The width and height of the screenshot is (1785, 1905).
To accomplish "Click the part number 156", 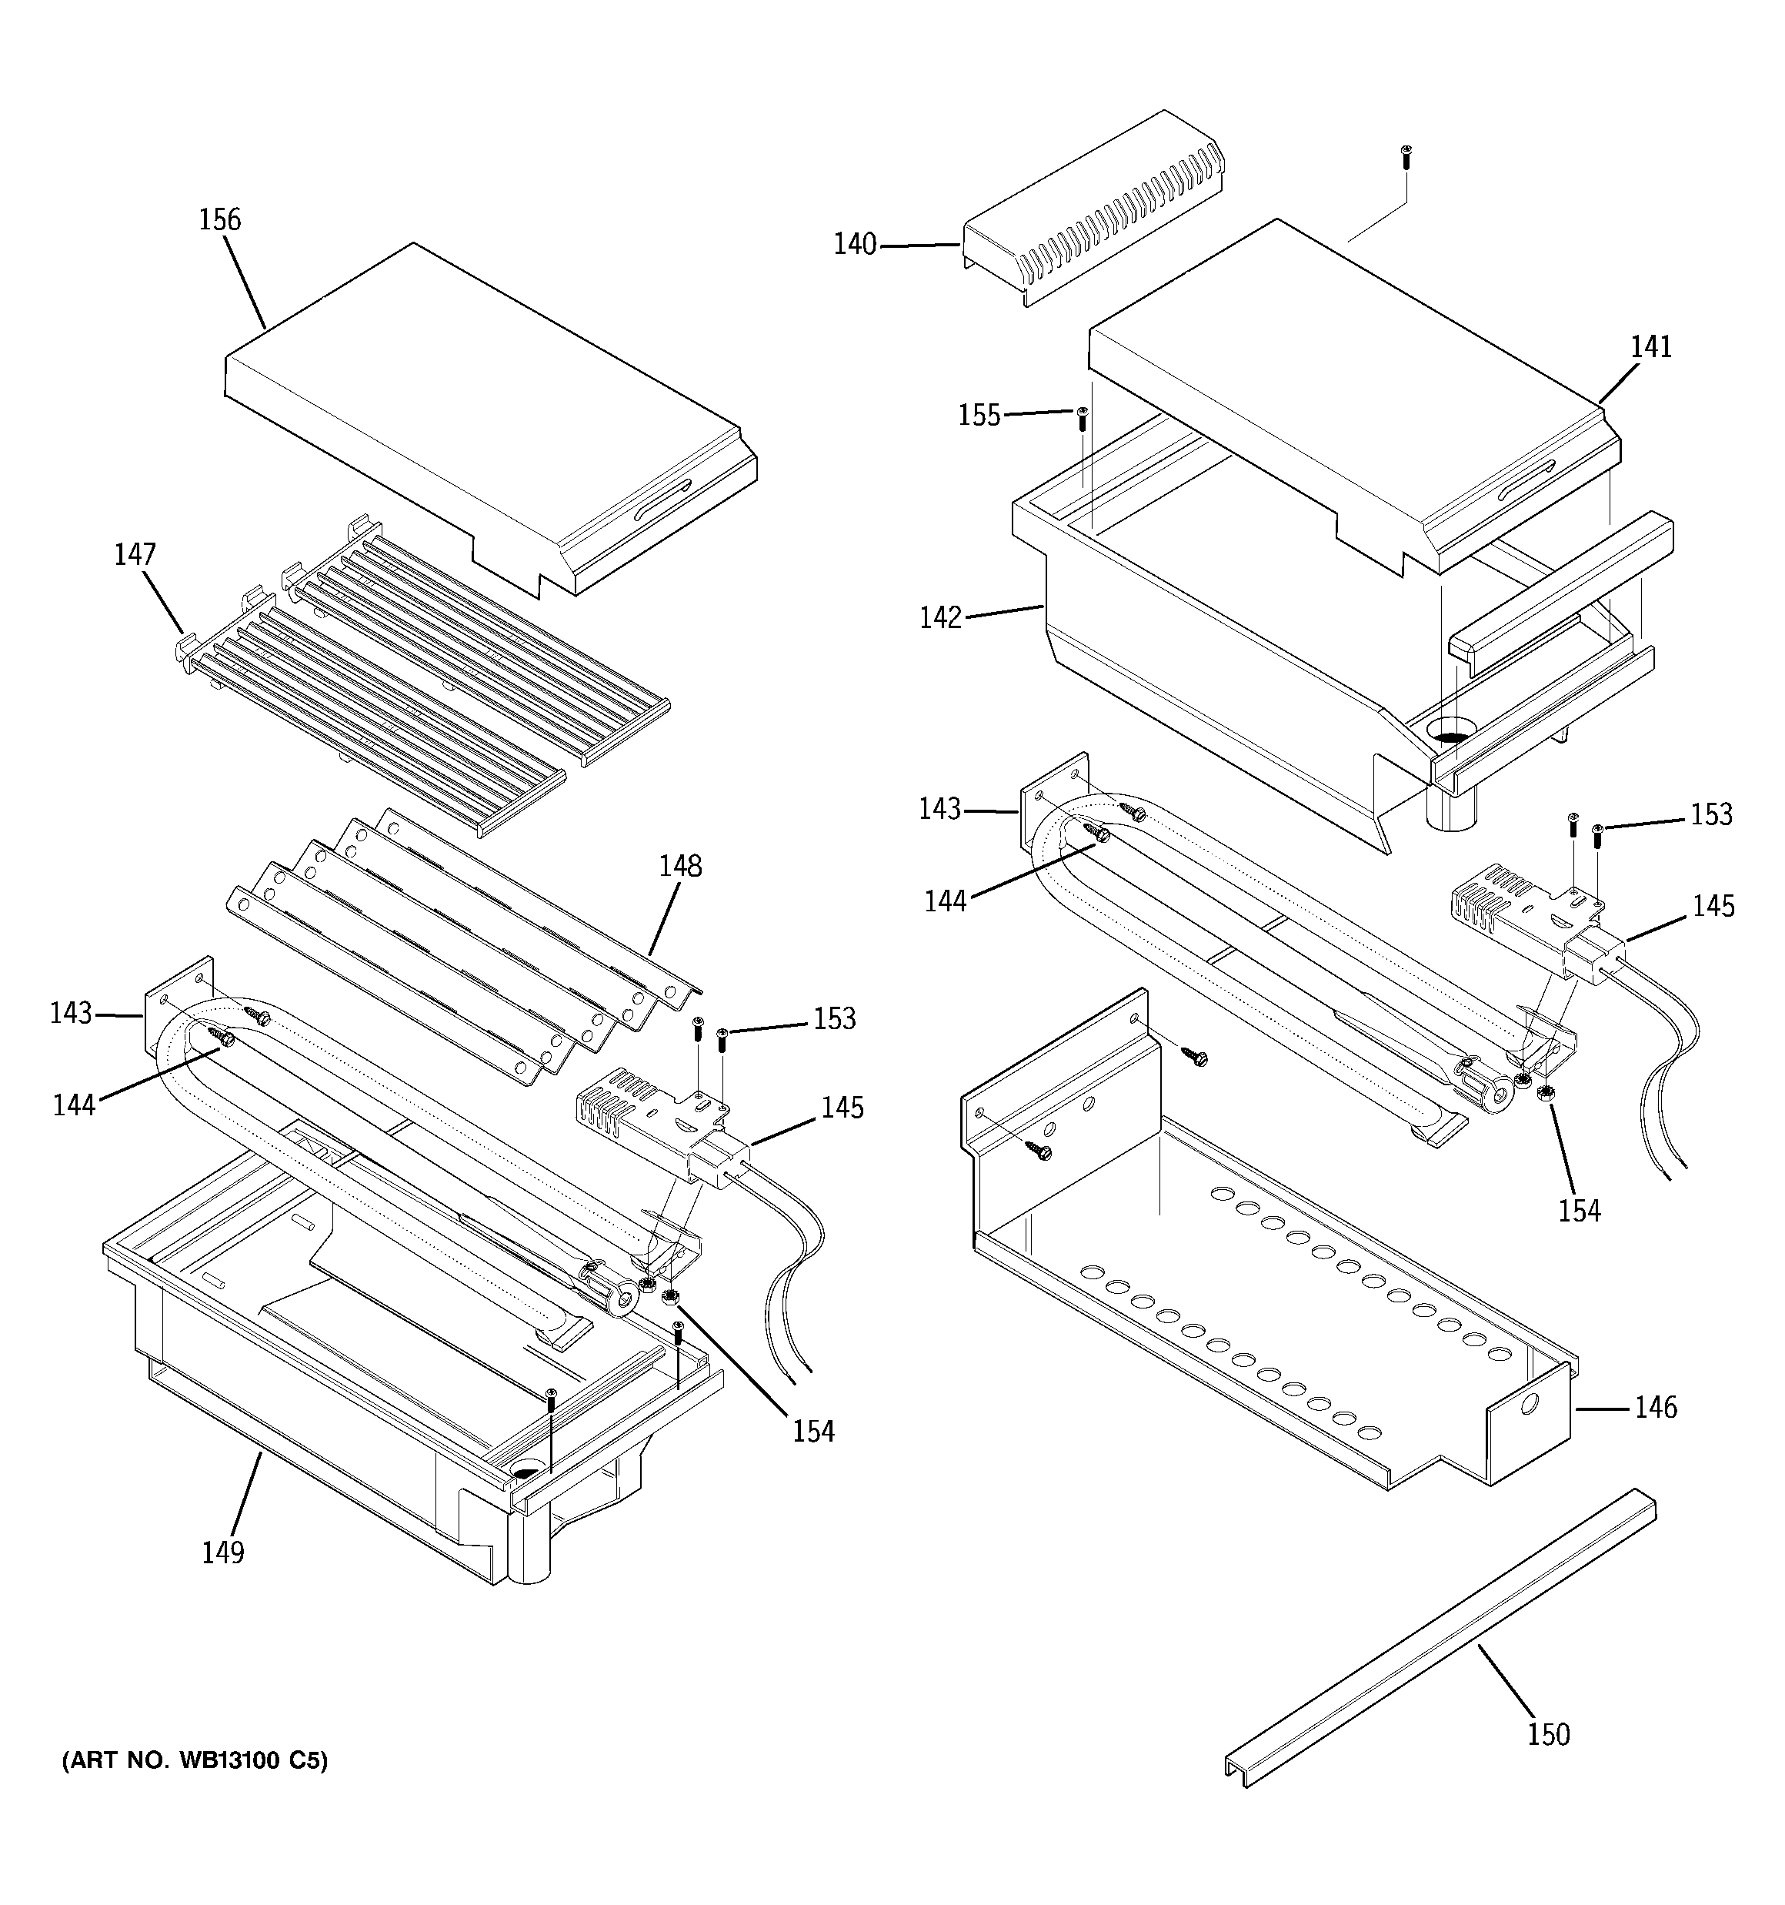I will click(219, 220).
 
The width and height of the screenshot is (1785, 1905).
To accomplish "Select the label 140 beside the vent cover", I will click(855, 246).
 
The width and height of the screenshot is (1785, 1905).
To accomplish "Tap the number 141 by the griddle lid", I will click(1651, 347).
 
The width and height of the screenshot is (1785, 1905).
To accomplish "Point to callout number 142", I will click(940, 618).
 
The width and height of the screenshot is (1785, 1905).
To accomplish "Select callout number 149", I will click(222, 1552).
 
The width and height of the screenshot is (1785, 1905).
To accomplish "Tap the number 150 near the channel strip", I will click(1548, 1734).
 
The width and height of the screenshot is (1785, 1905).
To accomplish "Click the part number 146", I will click(1656, 1408).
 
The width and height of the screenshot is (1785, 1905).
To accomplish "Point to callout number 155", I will click(979, 415).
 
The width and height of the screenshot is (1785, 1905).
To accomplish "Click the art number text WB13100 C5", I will click(195, 1761).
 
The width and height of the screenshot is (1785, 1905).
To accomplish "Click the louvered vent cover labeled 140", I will click(1093, 211).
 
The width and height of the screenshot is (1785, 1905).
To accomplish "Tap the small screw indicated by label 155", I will click(1083, 415).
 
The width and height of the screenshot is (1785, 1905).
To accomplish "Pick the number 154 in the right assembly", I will click(1579, 1212).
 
